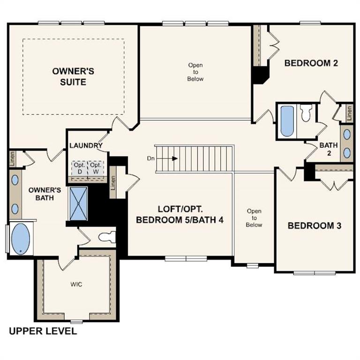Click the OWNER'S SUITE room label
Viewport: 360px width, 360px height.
point(73,76)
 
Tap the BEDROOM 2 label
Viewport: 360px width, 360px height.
point(311,63)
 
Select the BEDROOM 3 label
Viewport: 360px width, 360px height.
point(314,225)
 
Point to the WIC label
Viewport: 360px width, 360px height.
point(76,285)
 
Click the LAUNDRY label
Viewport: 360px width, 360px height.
point(86,145)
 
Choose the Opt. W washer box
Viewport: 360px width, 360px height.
point(96,168)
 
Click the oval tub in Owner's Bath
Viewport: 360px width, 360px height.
point(20,239)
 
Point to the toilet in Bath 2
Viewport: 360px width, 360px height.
point(306,113)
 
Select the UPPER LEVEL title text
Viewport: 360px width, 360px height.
point(43,331)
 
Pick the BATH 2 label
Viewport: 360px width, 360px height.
point(329,149)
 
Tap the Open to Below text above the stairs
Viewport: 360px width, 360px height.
point(195,72)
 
